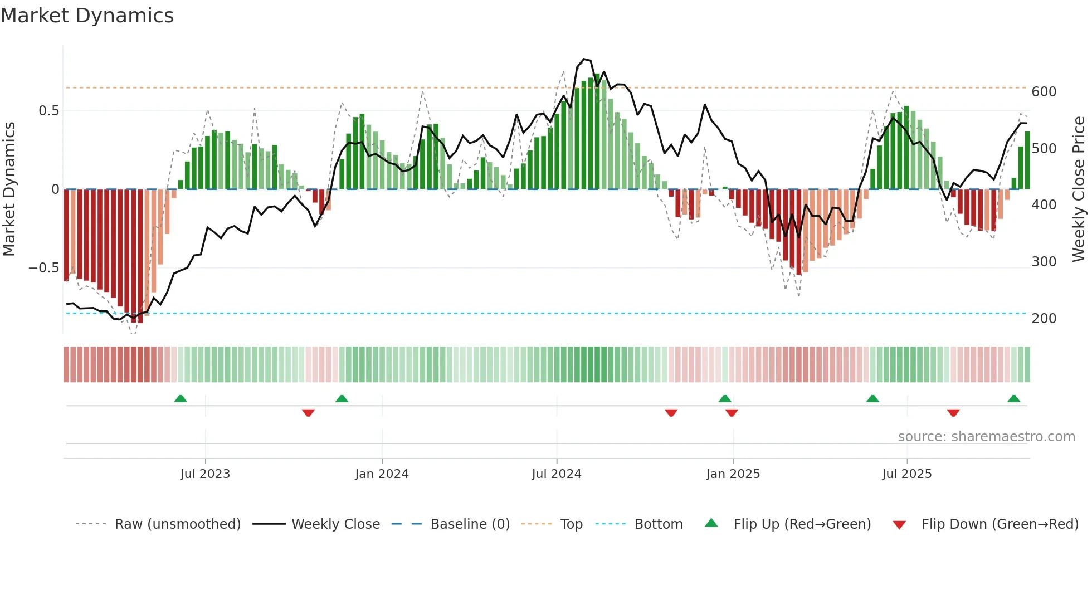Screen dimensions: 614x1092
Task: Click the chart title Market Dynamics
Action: pos(87,16)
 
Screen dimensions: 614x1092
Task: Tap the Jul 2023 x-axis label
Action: pos(205,474)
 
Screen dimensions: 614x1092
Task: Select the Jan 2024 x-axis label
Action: pos(382,474)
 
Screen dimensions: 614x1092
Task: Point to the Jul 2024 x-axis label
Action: pos(557,474)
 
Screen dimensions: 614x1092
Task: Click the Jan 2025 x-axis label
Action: pos(733,474)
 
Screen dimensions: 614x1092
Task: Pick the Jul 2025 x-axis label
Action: pos(906,474)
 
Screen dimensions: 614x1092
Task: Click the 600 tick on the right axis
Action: pos(1044,92)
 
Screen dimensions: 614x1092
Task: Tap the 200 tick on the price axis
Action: pos(1044,319)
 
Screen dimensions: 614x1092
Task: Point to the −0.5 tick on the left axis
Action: pos(43,268)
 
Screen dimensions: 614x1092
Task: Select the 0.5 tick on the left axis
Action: pos(48,111)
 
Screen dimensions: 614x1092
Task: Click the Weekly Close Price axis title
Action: pos(1079,189)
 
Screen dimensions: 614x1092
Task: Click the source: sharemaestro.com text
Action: pos(986,437)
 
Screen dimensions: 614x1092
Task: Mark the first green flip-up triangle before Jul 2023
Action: pos(181,398)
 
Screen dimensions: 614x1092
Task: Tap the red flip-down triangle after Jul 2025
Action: pos(953,413)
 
